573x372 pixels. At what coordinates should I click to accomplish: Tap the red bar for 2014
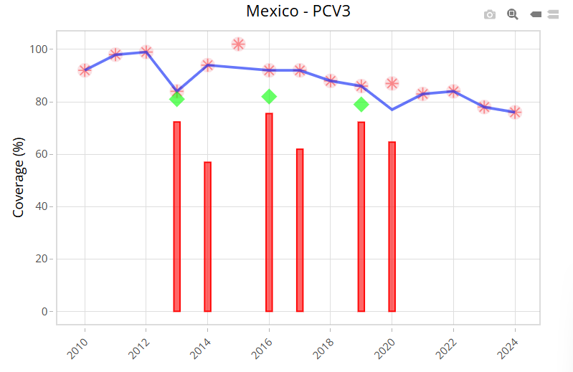point(207,237)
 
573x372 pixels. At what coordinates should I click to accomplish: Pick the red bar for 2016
point(269,212)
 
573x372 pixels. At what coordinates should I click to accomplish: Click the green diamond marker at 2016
point(269,97)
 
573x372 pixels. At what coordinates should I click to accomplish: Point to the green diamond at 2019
point(361,105)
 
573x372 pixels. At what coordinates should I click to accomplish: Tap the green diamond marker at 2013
point(177,99)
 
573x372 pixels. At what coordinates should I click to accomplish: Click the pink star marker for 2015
point(239,44)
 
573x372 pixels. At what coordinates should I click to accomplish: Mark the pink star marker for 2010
point(85,70)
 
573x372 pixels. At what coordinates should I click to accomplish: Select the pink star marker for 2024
point(515,113)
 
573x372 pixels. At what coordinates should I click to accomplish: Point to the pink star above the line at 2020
point(392,84)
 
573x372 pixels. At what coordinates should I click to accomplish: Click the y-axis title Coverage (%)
point(19,178)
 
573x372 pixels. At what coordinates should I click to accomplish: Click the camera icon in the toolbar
point(490,14)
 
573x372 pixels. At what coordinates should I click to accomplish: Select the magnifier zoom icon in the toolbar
point(513,14)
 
